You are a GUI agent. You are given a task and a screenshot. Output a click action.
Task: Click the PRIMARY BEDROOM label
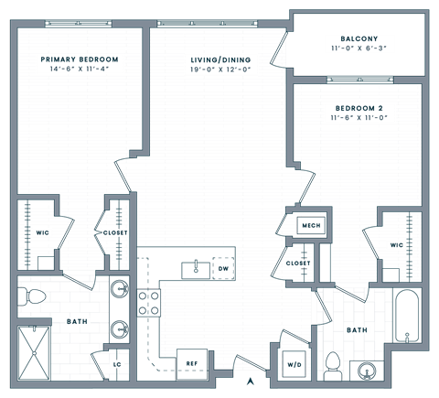[x=80, y=59]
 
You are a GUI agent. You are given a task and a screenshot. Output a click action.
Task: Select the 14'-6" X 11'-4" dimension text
[x=80, y=68]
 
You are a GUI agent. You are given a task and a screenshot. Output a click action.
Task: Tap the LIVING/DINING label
[x=220, y=59]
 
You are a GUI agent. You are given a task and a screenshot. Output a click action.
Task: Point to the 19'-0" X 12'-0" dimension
[x=220, y=68]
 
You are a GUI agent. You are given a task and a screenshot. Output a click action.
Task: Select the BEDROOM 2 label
[x=357, y=108]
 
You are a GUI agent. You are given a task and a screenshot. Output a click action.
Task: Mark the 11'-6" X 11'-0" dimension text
[x=357, y=117]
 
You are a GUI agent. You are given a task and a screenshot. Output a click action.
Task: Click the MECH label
[x=310, y=225]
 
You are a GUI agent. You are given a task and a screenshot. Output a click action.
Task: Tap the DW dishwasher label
[x=222, y=268]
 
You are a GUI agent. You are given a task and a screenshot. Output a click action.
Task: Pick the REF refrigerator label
[x=192, y=363]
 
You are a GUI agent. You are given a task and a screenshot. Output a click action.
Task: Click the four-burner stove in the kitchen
[x=149, y=302]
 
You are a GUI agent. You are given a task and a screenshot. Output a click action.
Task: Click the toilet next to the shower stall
[x=34, y=296]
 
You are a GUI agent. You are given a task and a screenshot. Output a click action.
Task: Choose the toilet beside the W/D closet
[x=333, y=366]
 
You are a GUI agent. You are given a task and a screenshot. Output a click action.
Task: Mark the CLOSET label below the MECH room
[x=298, y=264]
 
